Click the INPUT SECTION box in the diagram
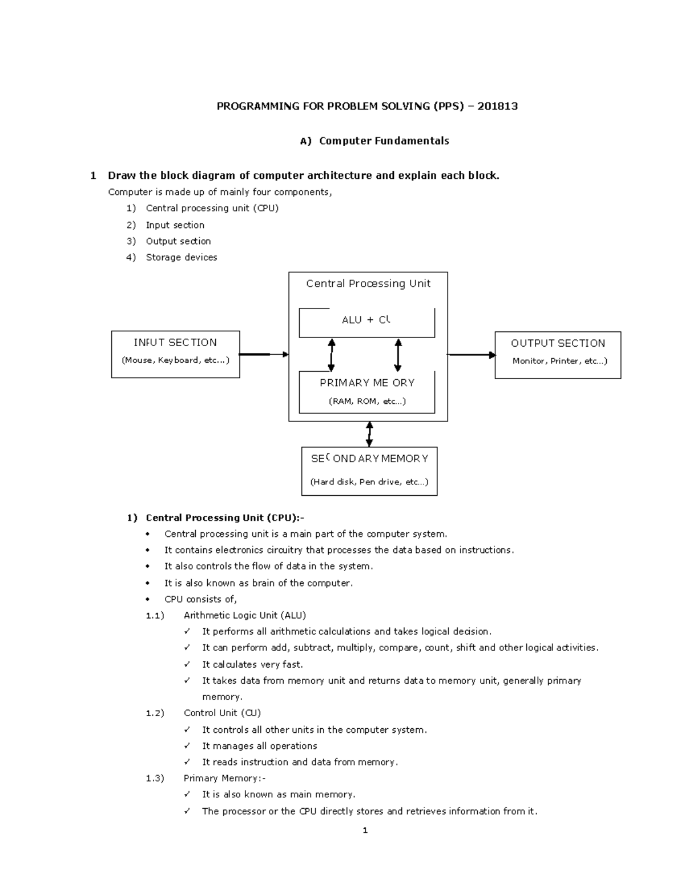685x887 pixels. pyautogui.click(x=175, y=354)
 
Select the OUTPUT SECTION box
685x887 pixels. pyautogui.click(x=558, y=355)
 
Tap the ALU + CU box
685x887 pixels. pyautogui.click(x=366, y=323)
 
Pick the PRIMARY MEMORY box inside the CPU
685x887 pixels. pyautogui.click(x=366, y=392)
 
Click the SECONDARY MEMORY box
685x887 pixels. pyautogui.click(x=369, y=471)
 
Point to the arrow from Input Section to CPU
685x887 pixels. pyautogui.click(x=263, y=355)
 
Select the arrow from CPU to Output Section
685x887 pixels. pyautogui.click(x=472, y=355)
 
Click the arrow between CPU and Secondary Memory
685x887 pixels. pyautogui.click(x=369, y=434)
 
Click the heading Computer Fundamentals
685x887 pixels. pyautogui.click(x=384, y=141)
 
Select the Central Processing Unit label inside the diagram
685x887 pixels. pyautogui.click(x=368, y=284)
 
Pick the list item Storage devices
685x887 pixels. pyautogui.click(x=182, y=258)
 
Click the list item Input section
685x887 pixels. pyautogui.click(x=175, y=225)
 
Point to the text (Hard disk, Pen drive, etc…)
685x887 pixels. pyautogui.click(x=369, y=482)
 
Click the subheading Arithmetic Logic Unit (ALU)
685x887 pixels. pyautogui.click(x=245, y=616)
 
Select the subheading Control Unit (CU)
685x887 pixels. pyautogui.click(x=222, y=713)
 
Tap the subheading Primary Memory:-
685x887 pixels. pyautogui.click(x=224, y=778)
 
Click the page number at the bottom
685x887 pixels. pyautogui.click(x=365, y=830)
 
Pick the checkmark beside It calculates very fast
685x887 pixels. pyautogui.click(x=187, y=665)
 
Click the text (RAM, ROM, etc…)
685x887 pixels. pyautogui.click(x=367, y=402)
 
